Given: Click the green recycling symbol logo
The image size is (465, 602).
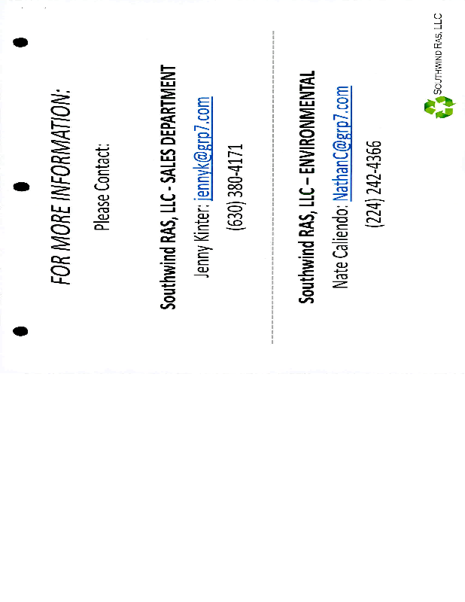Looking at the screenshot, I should point(439,106).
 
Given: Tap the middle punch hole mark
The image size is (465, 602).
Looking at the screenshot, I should point(22,186).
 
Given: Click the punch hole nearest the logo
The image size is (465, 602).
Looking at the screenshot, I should point(22,42).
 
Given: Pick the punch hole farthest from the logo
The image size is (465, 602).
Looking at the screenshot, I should point(22,330).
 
